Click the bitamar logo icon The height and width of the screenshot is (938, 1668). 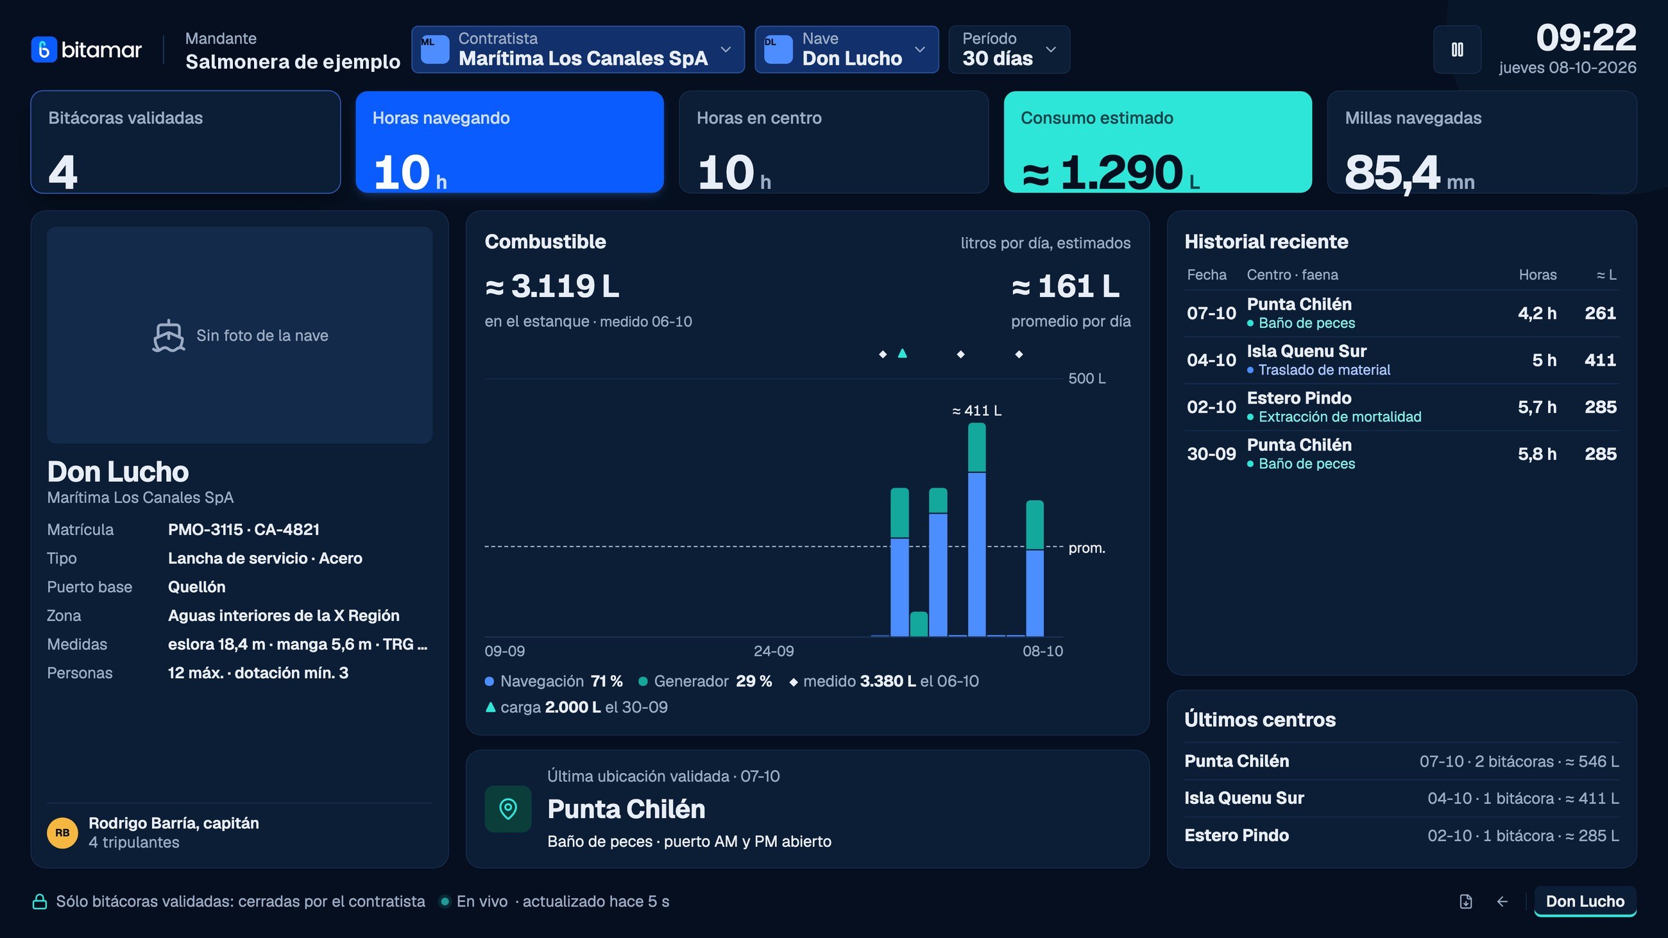(x=44, y=50)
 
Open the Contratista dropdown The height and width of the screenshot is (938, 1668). (x=577, y=49)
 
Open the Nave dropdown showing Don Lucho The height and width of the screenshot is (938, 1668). (x=846, y=49)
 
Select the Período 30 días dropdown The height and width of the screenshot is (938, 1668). (x=1009, y=49)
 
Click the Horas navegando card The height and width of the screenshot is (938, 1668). (x=509, y=142)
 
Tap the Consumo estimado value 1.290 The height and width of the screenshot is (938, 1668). (x=1121, y=173)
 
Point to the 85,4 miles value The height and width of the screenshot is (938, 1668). (x=1392, y=173)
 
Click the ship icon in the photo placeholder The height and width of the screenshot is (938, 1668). (x=168, y=336)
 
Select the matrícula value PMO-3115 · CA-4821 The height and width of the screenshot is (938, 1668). (x=244, y=529)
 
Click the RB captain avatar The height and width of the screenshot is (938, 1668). (x=62, y=833)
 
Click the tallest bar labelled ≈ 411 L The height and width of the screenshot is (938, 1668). (x=976, y=529)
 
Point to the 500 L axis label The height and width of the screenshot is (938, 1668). (x=1087, y=379)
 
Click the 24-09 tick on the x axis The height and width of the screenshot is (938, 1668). (x=773, y=651)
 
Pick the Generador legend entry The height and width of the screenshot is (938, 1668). (x=705, y=681)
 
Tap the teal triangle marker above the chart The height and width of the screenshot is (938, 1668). (x=902, y=354)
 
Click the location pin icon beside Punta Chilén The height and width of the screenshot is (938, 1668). (x=508, y=808)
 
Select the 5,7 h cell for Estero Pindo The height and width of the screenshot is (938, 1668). (x=1536, y=407)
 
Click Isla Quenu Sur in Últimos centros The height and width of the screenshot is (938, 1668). (x=1244, y=798)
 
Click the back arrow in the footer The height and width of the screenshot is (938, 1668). (x=1502, y=901)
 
